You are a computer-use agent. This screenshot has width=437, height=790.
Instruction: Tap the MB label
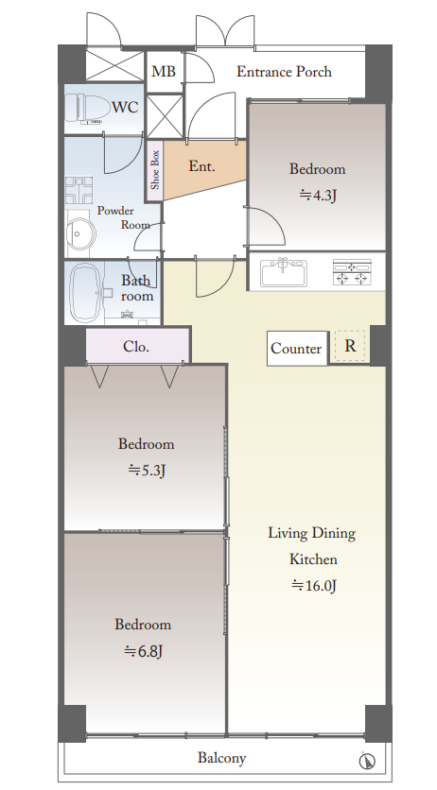coord(164,72)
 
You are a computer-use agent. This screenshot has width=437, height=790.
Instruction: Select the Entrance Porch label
coord(285,72)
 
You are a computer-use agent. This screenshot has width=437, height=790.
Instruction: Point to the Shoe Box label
coord(155,170)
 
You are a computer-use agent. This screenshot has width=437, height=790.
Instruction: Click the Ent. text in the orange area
coord(201,165)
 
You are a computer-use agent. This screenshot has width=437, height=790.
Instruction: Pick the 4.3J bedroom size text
coord(318,195)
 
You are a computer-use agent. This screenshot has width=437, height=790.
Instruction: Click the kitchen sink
coord(283,272)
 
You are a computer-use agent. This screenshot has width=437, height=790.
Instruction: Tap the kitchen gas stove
coord(352,272)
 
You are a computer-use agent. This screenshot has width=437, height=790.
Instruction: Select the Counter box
coord(297,348)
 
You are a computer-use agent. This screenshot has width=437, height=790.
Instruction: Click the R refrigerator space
coord(350,346)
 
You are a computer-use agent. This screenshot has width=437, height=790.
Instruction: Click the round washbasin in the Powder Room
coord(81,234)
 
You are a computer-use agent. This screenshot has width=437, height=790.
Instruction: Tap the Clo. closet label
coord(136,347)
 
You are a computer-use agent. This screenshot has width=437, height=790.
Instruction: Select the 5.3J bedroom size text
coord(148,471)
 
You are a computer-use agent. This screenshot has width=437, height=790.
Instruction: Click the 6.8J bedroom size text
coord(144,652)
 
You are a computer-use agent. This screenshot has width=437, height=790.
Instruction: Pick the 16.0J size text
coord(313,586)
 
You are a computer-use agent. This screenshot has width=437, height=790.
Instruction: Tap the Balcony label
coord(221,758)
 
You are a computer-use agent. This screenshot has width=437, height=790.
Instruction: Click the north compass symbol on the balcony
coord(367,761)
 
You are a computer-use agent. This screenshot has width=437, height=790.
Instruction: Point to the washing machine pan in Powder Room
coord(79,190)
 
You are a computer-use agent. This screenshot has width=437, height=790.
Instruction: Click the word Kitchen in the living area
coord(313,559)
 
